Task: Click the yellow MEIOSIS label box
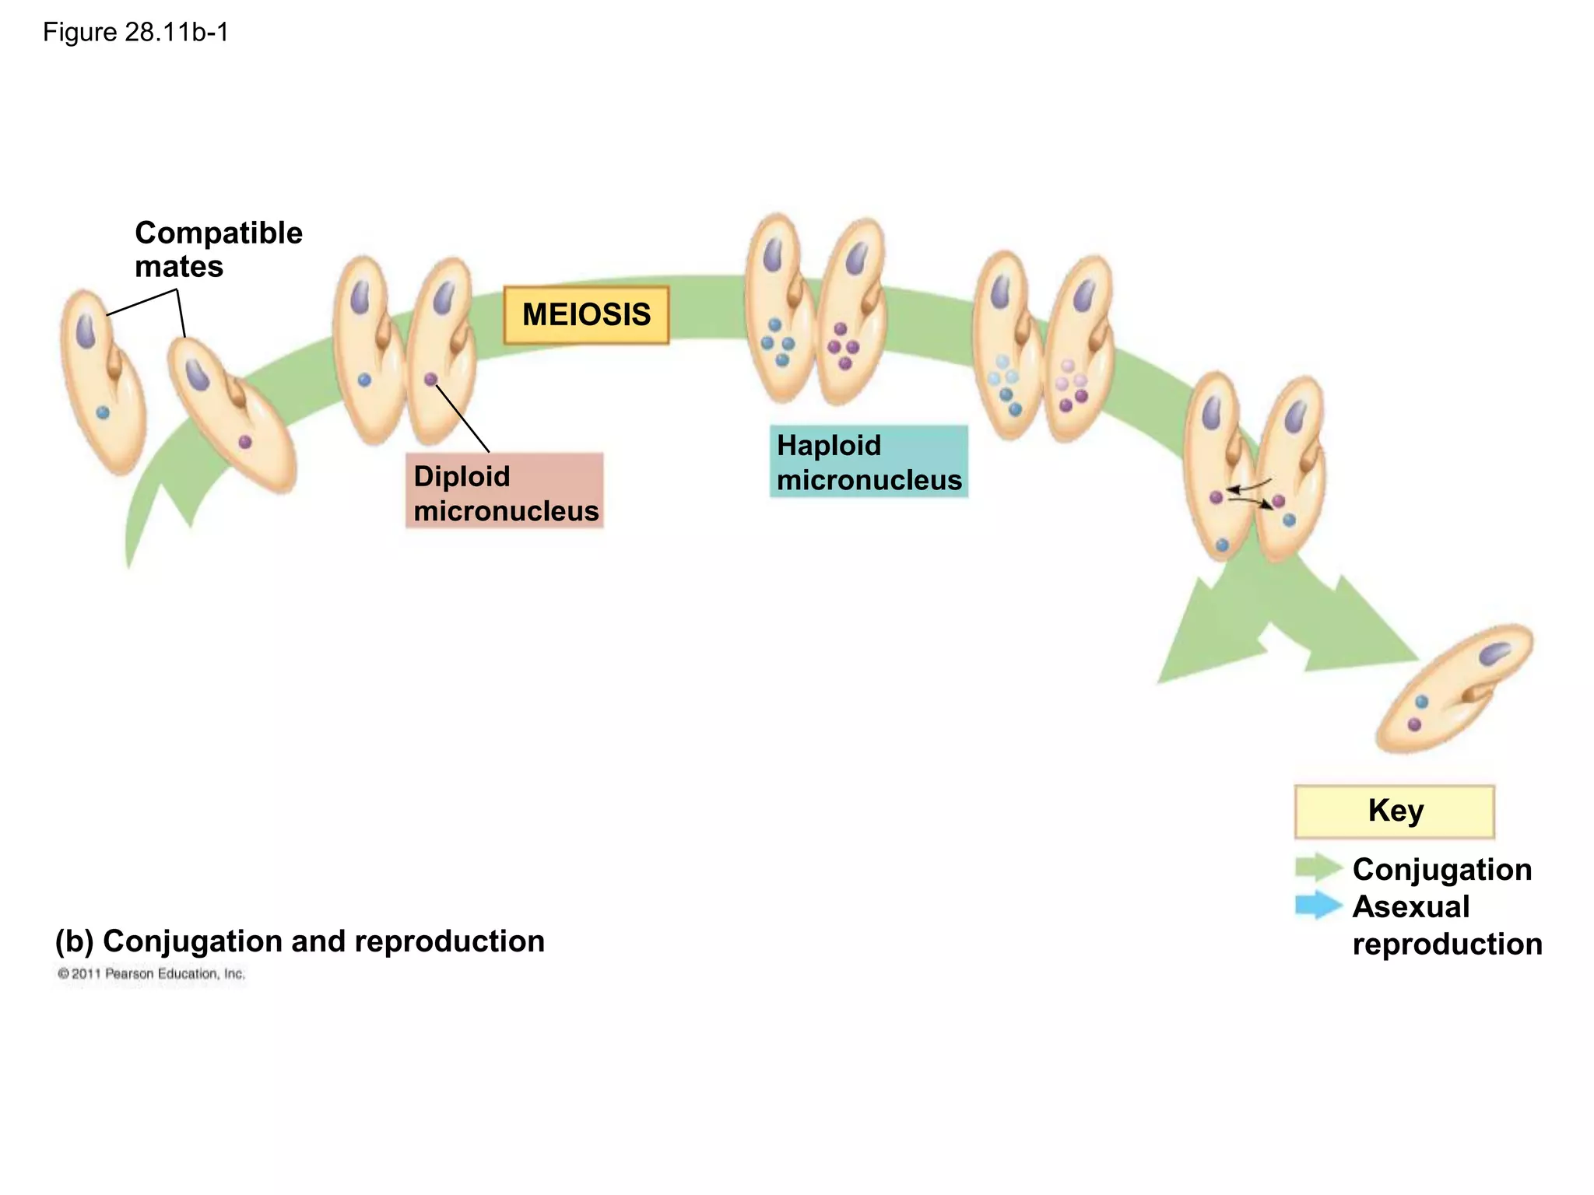[586, 315]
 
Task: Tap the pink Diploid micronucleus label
[504, 492]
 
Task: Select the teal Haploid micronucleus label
[869, 461]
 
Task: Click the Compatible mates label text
[218, 249]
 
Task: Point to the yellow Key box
[1394, 811]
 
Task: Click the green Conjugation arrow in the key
[1318, 867]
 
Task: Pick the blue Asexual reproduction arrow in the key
[1318, 905]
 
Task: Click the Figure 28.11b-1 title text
[135, 33]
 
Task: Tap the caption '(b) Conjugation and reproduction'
[300, 941]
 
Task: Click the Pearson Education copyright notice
[151, 974]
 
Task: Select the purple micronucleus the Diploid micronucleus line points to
[430, 380]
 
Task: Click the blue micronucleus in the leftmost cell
[103, 413]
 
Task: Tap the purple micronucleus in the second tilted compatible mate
[245, 442]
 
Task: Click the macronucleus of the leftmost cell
[86, 330]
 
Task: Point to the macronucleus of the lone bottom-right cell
[1494, 654]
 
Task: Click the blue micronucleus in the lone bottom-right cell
[1421, 702]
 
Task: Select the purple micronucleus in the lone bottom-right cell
[1414, 725]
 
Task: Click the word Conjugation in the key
[1441, 870]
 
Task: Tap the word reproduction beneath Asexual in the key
[1447, 944]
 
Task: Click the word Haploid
[829, 446]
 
